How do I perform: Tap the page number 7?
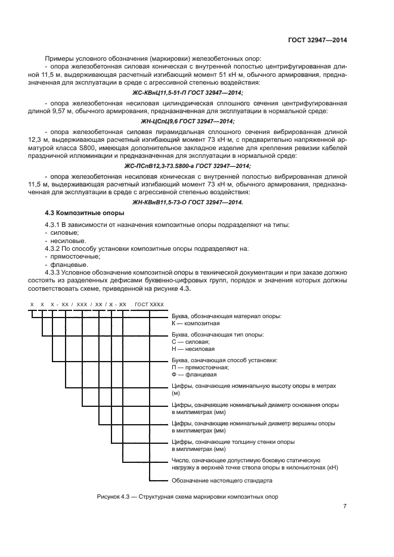(345, 506)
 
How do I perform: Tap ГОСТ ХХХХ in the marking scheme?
(149, 304)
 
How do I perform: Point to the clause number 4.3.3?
(54, 272)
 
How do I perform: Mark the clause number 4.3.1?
(54, 224)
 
